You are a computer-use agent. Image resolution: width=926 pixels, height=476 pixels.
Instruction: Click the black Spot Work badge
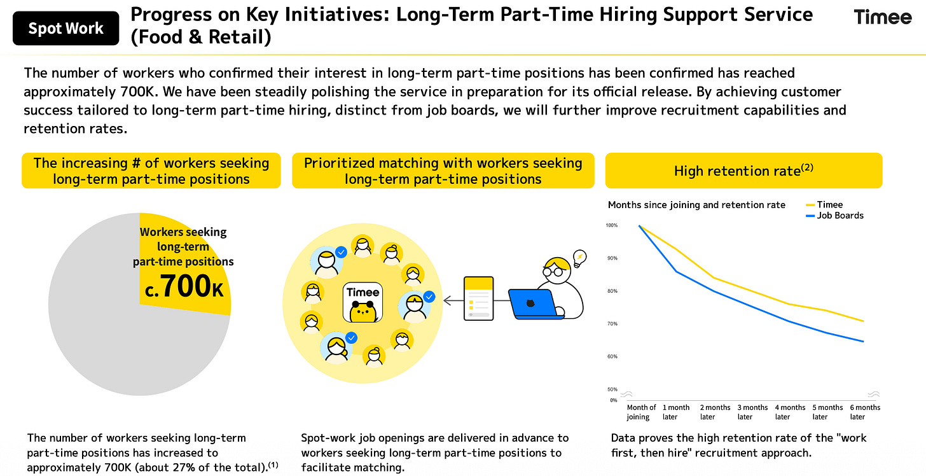(66, 29)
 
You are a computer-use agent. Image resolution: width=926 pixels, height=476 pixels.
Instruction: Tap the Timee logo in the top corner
(882, 17)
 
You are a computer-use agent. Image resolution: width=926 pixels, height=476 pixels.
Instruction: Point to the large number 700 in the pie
(184, 287)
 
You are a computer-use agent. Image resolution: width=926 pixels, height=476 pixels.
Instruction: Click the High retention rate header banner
(743, 171)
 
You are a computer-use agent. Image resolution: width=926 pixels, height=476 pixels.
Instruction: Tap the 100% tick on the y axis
(612, 225)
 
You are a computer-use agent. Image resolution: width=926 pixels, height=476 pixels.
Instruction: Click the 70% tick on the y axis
(612, 324)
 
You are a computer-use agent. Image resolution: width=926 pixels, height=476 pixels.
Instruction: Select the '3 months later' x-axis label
(753, 412)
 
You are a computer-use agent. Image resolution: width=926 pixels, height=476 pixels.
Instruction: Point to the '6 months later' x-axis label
(866, 412)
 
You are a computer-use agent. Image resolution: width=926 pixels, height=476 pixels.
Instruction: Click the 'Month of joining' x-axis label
(641, 412)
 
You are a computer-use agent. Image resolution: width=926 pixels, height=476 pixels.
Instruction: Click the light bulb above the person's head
(579, 258)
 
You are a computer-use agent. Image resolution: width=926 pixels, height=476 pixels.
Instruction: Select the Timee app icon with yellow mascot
(363, 302)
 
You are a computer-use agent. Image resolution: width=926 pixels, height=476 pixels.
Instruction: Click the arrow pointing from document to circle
(452, 299)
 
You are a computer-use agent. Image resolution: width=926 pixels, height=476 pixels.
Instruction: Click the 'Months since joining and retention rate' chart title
(696, 205)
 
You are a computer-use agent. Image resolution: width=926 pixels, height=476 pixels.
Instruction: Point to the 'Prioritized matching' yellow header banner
(443, 171)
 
